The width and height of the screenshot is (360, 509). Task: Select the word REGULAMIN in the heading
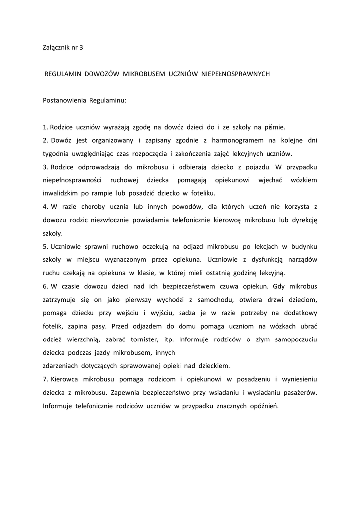coord(63,74)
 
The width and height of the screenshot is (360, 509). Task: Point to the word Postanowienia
coord(64,100)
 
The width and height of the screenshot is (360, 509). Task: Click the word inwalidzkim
coord(59,193)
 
